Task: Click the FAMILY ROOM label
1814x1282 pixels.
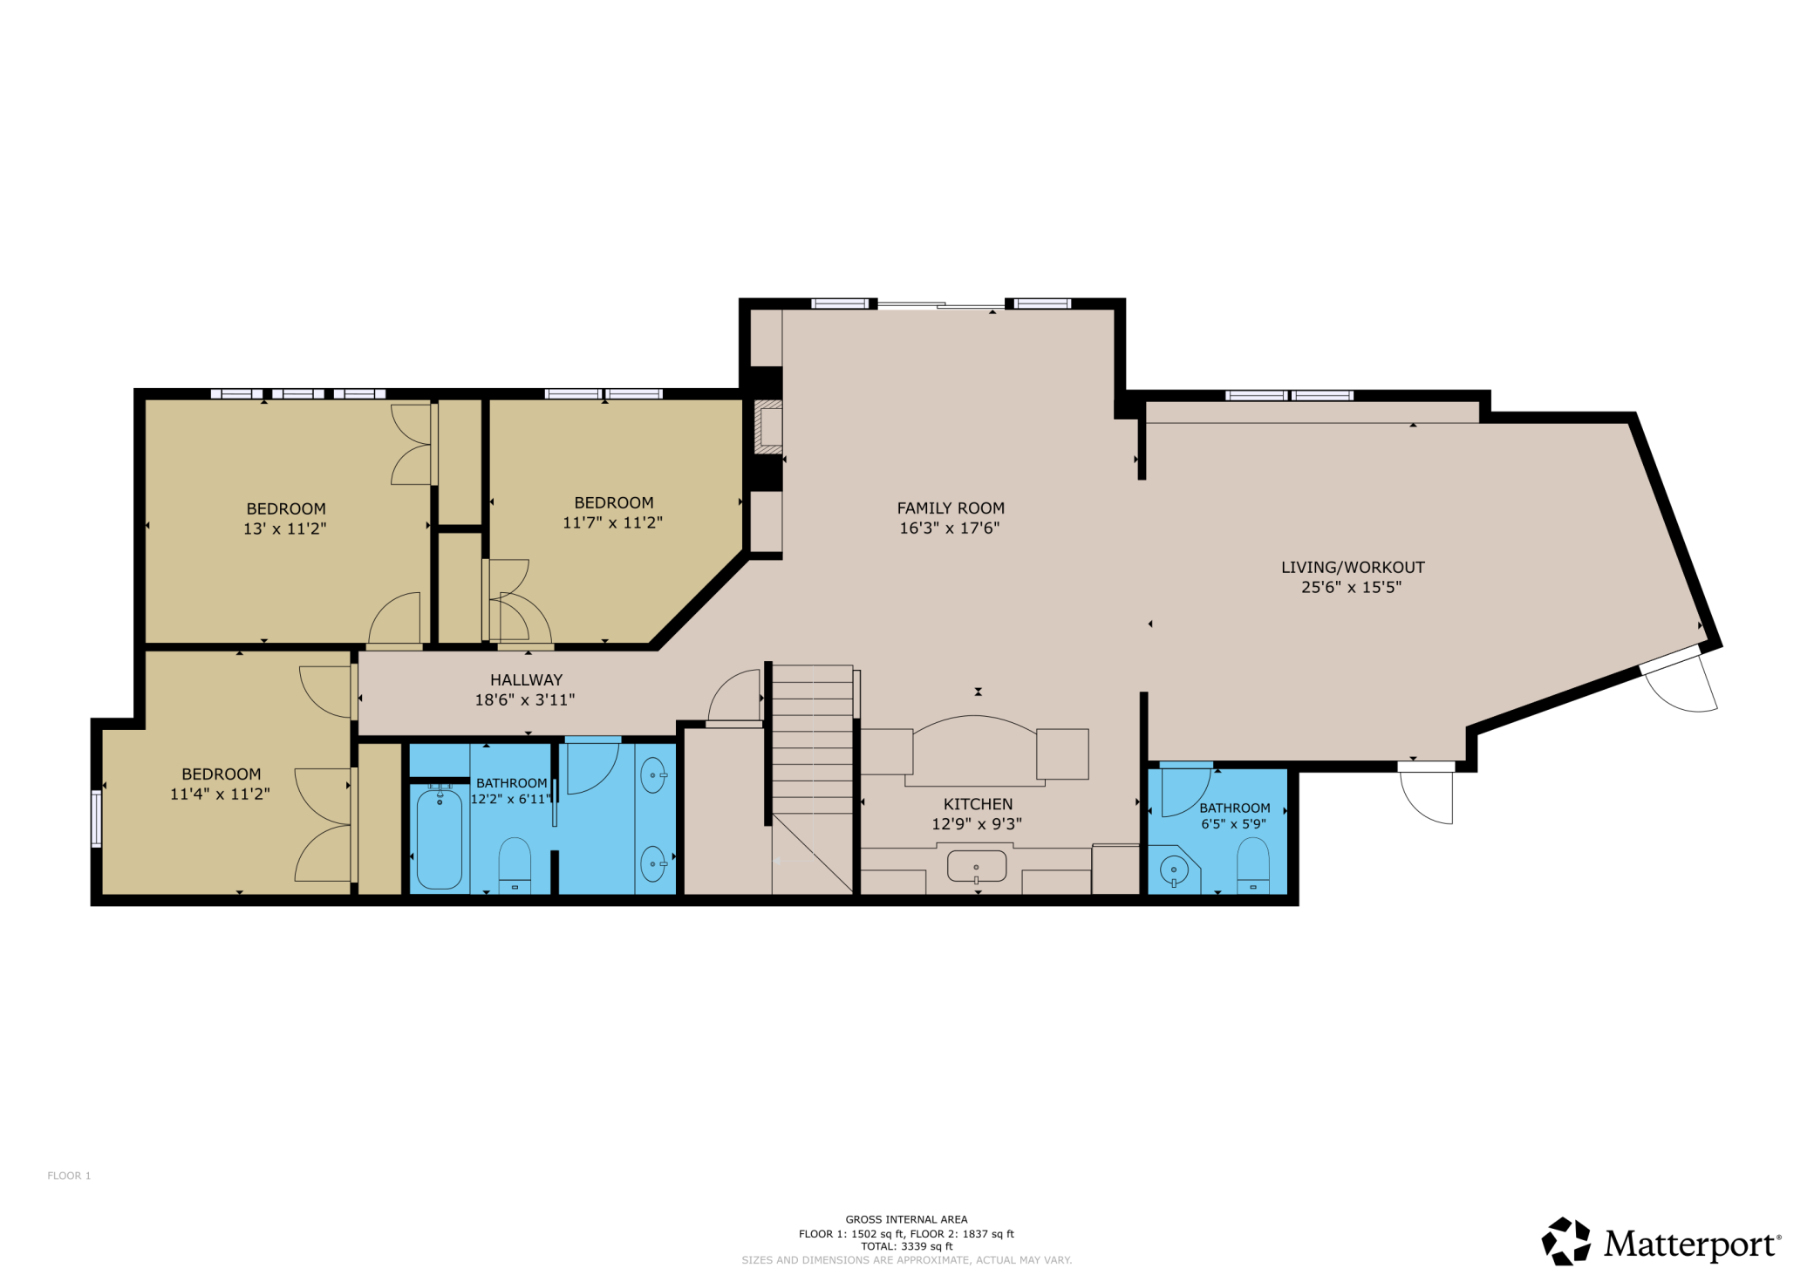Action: [951, 508]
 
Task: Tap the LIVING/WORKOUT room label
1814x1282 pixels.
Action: [1353, 567]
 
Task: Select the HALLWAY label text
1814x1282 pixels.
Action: [526, 679]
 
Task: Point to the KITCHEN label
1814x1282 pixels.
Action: [978, 804]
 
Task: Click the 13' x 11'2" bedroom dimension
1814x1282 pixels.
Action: [285, 528]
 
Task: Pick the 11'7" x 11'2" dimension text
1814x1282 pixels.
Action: [612, 522]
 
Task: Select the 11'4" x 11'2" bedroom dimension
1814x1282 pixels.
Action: [220, 794]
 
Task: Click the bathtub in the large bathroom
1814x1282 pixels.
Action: [440, 838]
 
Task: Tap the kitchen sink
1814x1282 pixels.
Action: [977, 866]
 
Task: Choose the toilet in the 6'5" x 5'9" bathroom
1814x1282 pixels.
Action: [1253, 865]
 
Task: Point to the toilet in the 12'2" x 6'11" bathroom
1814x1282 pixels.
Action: [515, 865]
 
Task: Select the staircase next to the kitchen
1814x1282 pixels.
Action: [812, 779]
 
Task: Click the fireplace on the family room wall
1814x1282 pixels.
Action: [767, 427]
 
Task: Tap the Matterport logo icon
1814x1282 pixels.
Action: [1565, 1241]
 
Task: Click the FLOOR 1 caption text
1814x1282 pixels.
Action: [69, 1176]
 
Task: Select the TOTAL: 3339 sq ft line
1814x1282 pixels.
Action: [906, 1246]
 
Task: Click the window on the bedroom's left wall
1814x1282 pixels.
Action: [96, 819]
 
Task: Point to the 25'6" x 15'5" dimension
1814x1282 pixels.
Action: [1351, 587]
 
